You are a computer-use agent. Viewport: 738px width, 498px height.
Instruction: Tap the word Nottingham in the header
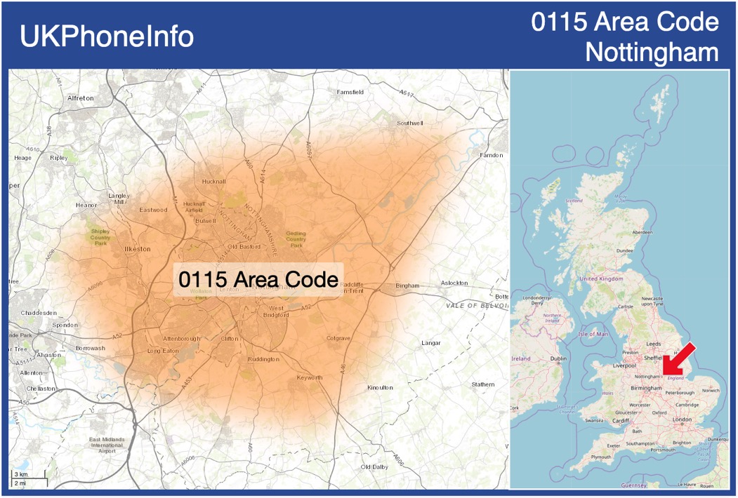coord(652,53)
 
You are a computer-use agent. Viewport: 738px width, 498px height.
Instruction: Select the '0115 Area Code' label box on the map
coord(258,280)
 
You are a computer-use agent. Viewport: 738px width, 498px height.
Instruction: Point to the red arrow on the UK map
coord(679,359)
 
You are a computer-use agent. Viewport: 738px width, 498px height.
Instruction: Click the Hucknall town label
coord(213,182)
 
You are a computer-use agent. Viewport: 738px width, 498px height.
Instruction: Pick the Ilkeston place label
coord(137,249)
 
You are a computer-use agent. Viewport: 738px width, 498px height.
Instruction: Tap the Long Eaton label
coord(163,351)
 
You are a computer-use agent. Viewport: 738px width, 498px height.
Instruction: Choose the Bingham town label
coord(407,285)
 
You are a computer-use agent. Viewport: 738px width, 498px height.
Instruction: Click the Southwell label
coord(410,123)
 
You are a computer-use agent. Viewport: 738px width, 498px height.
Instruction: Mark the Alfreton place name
coord(80,98)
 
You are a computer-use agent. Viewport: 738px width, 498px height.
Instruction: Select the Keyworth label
coord(310,377)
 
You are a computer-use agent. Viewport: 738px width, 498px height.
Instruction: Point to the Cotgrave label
coord(338,338)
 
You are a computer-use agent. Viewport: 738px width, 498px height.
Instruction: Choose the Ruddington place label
coord(263,359)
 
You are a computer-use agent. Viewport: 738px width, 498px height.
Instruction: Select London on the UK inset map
coord(682,419)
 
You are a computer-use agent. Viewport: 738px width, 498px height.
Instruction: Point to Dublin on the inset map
coord(558,359)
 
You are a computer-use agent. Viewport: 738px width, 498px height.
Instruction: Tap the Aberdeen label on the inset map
coord(642,232)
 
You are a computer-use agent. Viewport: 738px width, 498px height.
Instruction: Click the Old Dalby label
coord(374,467)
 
